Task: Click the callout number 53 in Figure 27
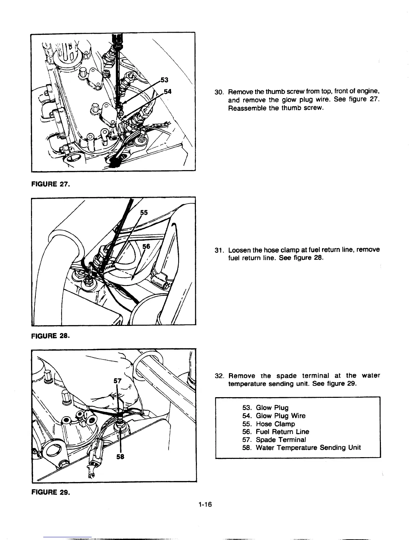point(164,80)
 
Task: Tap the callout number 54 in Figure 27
point(167,91)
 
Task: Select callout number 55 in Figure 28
point(144,212)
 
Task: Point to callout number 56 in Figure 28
point(146,246)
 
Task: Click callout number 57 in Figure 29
point(118,381)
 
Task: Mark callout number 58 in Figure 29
point(120,458)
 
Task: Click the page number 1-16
point(204,505)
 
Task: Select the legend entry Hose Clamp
point(275,424)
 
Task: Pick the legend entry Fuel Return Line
point(282,432)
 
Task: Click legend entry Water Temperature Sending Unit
point(308,448)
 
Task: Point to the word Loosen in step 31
point(239,250)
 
